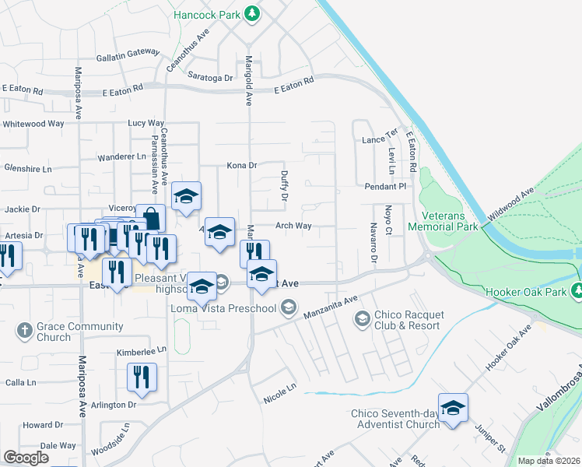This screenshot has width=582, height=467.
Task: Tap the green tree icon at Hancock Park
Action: click(251, 13)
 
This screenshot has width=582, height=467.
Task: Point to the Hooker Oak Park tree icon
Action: click(577, 291)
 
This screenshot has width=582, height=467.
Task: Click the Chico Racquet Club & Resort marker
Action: click(362, 318)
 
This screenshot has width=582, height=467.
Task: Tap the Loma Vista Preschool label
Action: click(223, 308)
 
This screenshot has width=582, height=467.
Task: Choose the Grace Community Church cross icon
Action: click(24, 330)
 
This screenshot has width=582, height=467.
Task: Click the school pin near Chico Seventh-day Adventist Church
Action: click(453, 408)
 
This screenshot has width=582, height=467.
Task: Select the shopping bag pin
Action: click(150, 218)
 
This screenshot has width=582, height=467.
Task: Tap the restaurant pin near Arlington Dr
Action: click(142, 378)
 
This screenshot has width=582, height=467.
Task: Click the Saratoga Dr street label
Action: click(211, 78)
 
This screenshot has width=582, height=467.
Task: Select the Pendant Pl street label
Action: click(386, 187)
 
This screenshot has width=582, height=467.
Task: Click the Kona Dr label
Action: click(241, 165)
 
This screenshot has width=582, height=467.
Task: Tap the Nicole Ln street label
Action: click(280, 387)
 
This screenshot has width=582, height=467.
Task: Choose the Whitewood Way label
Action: click(33, 124)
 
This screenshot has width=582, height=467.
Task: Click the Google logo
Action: click(26, 457)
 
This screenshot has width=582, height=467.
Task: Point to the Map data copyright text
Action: click(548, 461)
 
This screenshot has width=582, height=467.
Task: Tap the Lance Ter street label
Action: click(380, 139)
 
